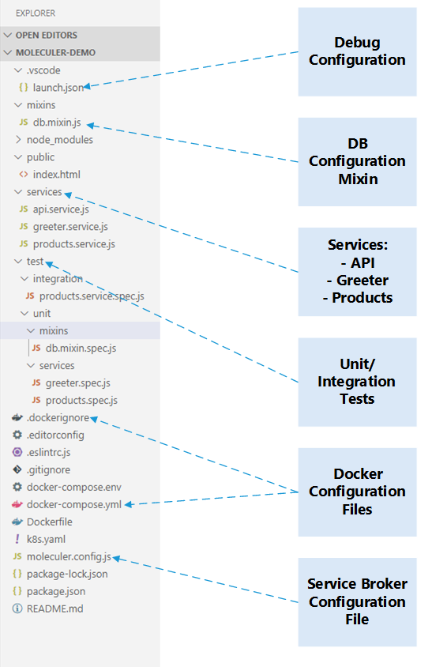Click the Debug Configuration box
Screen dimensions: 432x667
coord(357,51)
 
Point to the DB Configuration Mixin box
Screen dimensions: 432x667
coord(357,162)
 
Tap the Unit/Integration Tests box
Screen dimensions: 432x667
coord(357,382)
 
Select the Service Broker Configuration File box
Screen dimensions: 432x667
coord(357,602)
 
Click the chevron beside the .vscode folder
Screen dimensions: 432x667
coord(18,70)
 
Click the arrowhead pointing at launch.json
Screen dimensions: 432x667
coord(87,87)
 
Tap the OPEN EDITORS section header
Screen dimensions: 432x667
coord(47,36)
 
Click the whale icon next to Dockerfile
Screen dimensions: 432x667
coord(17,522)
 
